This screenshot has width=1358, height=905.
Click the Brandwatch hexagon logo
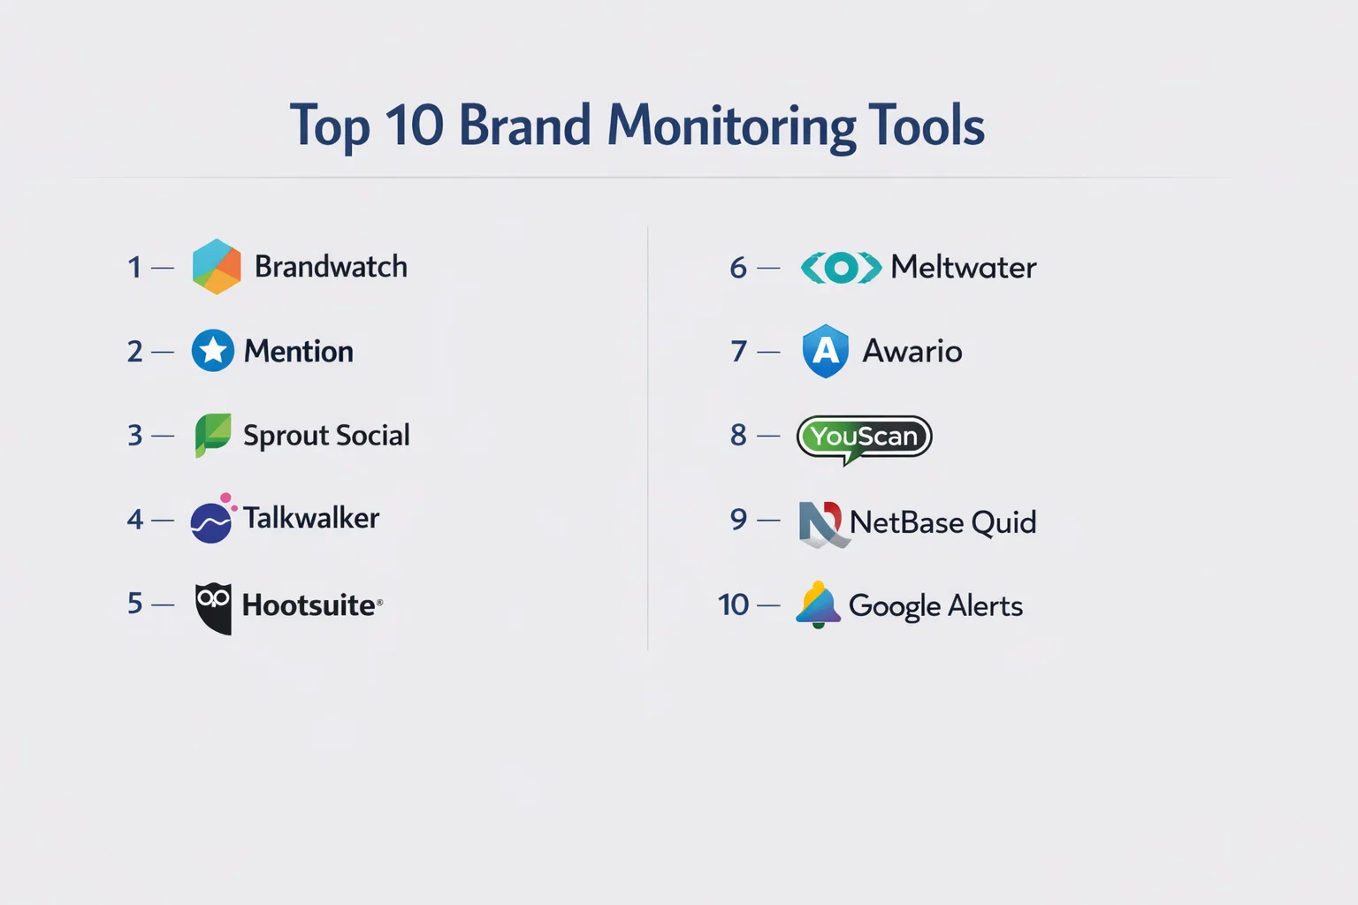pos(217,267)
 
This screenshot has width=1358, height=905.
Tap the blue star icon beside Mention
pos(213,350)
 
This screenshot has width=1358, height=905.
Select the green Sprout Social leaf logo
pos(213,435)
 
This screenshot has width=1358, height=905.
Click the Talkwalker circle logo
pos(212,518)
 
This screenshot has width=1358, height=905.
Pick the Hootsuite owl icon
pos(213,609)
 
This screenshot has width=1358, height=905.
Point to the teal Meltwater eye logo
pos(841,267)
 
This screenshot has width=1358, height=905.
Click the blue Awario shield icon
pos(825,351)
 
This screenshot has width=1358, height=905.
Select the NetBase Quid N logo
pos(820,523)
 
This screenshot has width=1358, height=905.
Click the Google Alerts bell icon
pos(818,605)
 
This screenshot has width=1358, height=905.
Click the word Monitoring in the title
pos(731,126)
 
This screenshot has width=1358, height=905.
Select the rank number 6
pos(738,267)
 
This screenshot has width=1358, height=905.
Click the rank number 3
pos(134,435)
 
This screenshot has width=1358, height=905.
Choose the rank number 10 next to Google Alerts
pos(733,605)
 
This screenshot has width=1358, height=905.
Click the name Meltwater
pos(964,267)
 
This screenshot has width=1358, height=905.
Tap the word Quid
pos(1003,522)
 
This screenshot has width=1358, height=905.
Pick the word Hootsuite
pos(309,605)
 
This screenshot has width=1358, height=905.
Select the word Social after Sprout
pos(372,435)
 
